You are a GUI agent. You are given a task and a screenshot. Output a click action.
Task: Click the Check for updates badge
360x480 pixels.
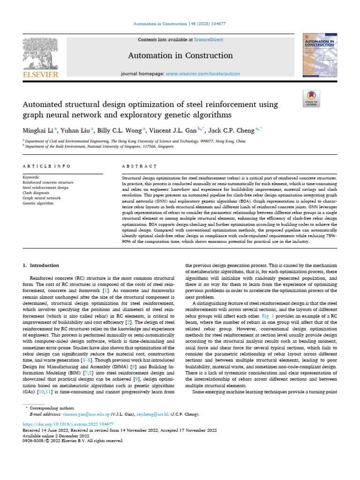point(311,100)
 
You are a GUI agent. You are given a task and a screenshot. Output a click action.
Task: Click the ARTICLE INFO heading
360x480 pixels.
point(46,166)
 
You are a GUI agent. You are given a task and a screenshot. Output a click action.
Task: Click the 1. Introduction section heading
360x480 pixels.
point(41,265)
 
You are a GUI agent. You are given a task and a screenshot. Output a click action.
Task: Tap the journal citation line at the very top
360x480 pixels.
point(180,23)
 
